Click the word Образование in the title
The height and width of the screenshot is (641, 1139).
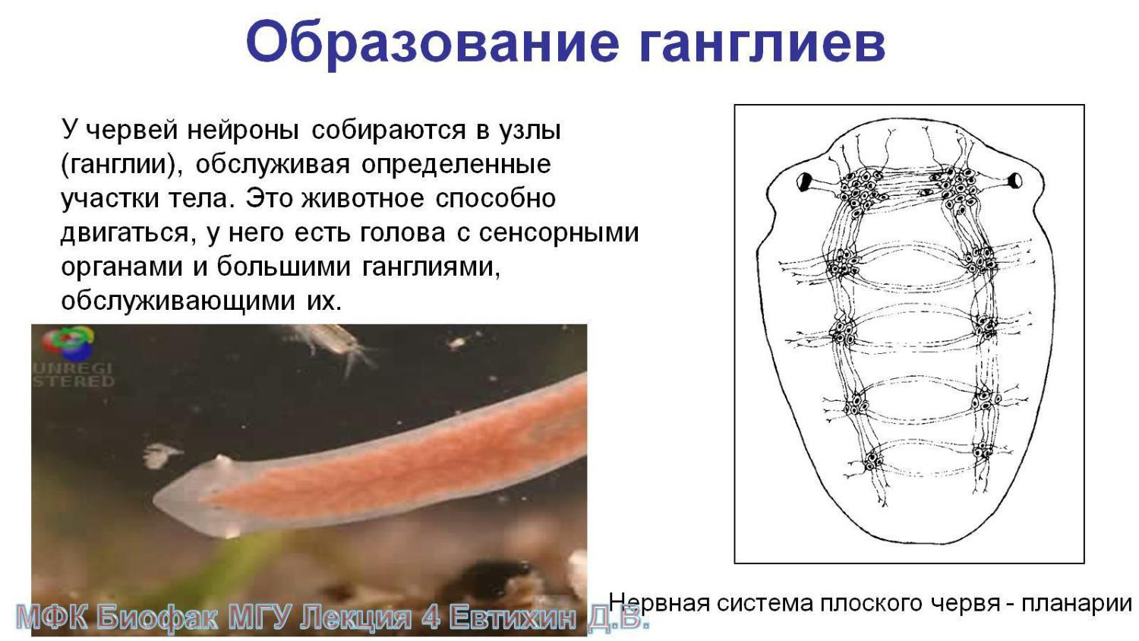(433, 43)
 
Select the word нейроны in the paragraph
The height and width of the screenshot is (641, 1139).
(243, 130)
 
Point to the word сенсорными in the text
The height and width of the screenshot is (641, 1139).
(559, 233)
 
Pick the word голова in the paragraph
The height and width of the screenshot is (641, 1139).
(402, 233)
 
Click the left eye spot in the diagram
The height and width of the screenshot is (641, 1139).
(804, 182)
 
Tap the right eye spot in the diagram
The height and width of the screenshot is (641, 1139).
(1015, 180)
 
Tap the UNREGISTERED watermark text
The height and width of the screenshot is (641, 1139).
(74, 374)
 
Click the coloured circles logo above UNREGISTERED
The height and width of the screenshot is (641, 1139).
(68, 343)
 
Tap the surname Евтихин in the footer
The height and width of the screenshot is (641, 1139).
(514, 618)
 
